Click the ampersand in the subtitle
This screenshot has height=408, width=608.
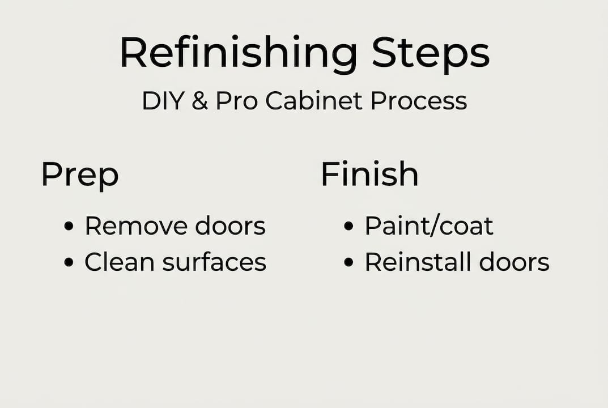tap(200, 101)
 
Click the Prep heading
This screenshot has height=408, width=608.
tap(80, 175)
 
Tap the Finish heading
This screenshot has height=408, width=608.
tap(369, 174)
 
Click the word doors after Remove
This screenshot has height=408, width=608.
tap(230, 226)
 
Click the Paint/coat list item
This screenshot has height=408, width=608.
tap(429, 226)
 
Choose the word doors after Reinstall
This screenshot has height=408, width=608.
tap(514, 262)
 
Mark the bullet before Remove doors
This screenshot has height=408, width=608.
tap(69, 227)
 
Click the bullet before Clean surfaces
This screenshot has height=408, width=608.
tap(69, 262)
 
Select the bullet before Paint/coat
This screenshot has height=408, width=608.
tap(349, 227)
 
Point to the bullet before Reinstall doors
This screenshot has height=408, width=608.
tap(349, 262)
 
